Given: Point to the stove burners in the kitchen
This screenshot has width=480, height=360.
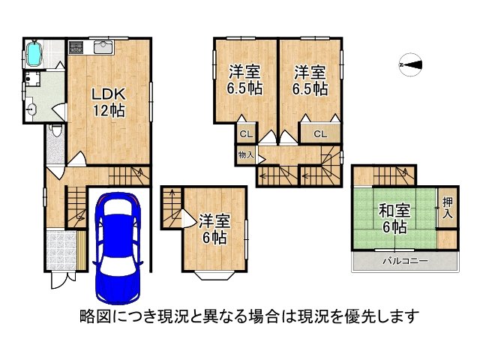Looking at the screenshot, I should (77, 49).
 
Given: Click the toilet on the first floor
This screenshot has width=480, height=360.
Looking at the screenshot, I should (55, 132).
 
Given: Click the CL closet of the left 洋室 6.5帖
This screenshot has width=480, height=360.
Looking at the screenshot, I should (244, 134).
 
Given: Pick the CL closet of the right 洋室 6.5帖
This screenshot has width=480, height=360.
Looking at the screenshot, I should (319, 134).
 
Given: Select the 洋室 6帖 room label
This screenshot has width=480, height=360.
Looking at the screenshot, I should (214, 229).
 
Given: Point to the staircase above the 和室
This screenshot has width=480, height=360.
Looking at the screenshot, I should (382, 176).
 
